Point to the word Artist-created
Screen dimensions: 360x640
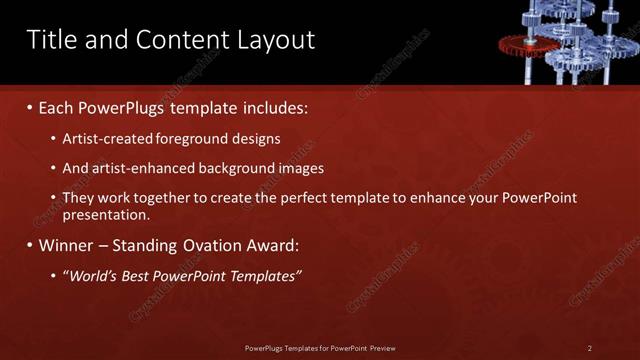click(106, 138)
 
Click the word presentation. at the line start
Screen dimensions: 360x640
click(106, 214)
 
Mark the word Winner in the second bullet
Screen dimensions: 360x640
click(66, 245)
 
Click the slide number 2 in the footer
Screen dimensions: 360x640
click(590, 348)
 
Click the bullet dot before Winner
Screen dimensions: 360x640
click(30, 245)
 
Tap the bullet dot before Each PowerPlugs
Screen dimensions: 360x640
click(30, 106)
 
